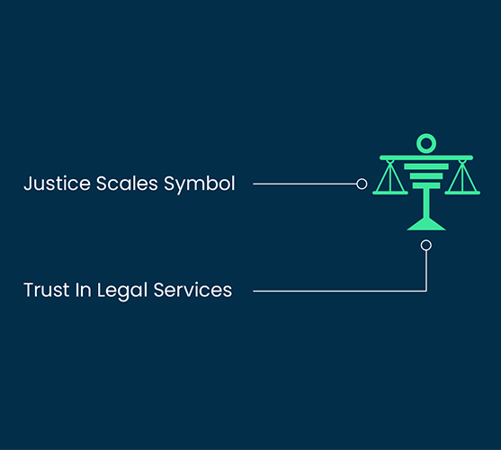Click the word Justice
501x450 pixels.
[58, 184]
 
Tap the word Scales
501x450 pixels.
[127, 184]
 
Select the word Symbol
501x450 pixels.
[200, 184]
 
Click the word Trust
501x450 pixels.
[47, 290]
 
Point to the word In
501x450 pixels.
[84, 290]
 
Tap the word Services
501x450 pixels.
[192, 290]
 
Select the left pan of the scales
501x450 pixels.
[390, 193]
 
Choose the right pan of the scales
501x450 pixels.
[462, 193]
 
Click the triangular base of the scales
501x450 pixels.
[426, 224]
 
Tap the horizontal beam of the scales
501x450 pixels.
[426, 157]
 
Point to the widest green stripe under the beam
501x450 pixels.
[426, 166]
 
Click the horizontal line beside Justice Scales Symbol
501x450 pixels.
[305, 184]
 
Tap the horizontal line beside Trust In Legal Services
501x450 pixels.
[340, 291]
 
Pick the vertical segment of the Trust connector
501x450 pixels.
[426, 271]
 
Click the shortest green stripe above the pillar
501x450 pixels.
[426, 185]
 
